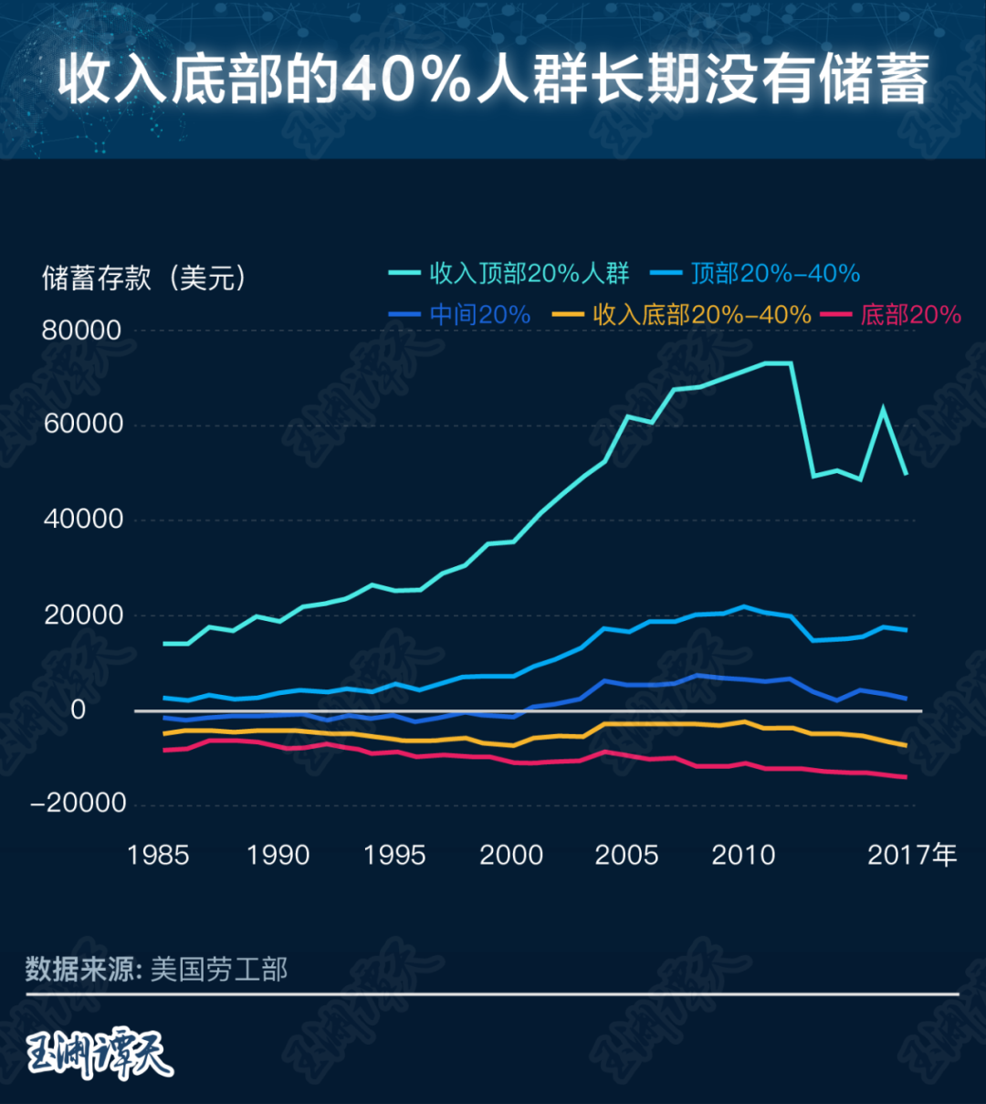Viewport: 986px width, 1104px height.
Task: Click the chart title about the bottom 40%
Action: [493, 79]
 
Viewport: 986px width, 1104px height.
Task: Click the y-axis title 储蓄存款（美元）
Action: [144, 278]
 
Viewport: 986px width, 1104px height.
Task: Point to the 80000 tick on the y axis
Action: [81, 331]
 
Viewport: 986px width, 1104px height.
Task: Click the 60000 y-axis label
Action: [81, 425]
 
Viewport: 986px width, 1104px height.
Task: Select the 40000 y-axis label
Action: [81, 520]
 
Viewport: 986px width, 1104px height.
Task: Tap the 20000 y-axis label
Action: [81, 615]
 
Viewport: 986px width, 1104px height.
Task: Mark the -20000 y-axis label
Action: [78, 804]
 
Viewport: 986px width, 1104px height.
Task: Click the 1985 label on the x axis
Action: [158, 856]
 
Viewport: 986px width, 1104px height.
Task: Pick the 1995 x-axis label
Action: [394, 856]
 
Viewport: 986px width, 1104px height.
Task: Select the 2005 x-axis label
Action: [626, 856]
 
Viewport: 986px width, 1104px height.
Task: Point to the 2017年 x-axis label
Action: [912, 856]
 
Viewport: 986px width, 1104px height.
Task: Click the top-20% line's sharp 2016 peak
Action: [883, 408]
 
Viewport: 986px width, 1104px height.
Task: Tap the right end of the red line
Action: [906, 777]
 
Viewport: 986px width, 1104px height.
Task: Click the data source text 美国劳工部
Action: [219, 969]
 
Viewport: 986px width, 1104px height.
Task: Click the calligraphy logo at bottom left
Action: [99, 1055]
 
